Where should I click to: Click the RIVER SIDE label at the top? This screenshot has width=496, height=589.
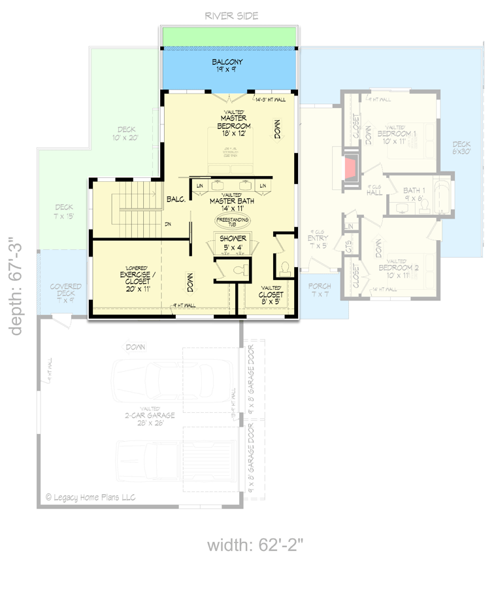click(x=231, y=16)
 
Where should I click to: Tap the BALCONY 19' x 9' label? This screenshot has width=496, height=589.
click(x=228, y=66)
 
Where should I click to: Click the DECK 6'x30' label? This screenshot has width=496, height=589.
click(x=461, y=148)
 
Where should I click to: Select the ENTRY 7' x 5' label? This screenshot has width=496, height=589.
click(x=318, y=242)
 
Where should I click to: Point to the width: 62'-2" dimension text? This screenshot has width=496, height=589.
click(x=256, y=545)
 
